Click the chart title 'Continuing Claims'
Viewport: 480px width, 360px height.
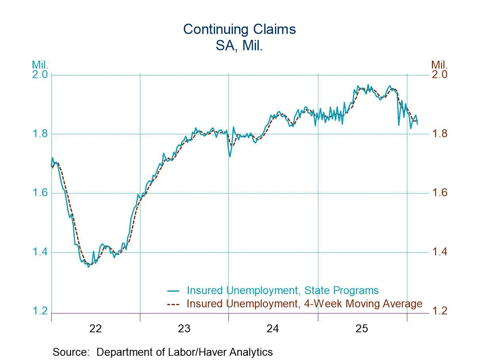tap(240, 29)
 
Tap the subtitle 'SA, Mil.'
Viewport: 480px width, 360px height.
tap(240, 46)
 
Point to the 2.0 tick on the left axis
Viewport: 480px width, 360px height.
tap(40, 75)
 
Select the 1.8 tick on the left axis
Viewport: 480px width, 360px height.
tap(40, 134)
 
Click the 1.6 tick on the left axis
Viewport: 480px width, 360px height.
tap(40, 193)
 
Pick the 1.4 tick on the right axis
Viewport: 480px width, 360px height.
tap(439, 252)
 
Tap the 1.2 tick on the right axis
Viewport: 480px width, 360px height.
tap(439, 311)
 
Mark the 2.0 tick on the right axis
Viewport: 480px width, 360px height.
tap(439, 75)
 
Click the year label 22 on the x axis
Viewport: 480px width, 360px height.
tap(96, 329)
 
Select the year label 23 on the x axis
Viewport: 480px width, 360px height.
tap(184, 329)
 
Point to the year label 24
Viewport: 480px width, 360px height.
tap(273, 329)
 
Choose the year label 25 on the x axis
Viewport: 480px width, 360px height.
tap(362, 329)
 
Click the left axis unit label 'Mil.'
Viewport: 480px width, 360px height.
tap(40, 65)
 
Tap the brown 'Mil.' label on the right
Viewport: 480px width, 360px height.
tap(439, 65)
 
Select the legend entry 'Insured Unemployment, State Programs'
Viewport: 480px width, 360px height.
tap(283, 290)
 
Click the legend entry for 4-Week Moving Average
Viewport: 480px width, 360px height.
tap(304, 304)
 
